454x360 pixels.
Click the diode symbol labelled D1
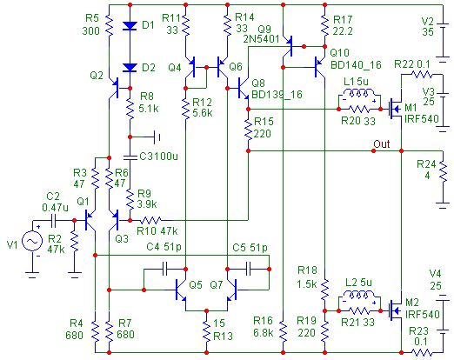[x=130, y=25]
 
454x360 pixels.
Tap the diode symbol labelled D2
[x=130, y=68]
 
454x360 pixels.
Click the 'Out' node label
[x=381, y=143]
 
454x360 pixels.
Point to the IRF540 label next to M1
[x=422, y=118]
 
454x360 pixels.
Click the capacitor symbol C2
[x=53, y=221]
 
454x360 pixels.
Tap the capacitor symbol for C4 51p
[x=165, y=269]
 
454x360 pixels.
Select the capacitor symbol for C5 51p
[x=248, y=269]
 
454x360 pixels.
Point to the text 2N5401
[x=261, y=39]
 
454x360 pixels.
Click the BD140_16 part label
[x=356, y=65]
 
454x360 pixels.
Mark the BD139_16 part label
[x=277, y=94]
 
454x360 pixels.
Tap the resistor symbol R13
[x=206, y=331]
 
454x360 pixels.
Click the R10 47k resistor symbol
[x=150, y=221]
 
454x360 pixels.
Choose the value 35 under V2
[x=428, y=31]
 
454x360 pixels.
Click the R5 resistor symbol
[x=109, y=25]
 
